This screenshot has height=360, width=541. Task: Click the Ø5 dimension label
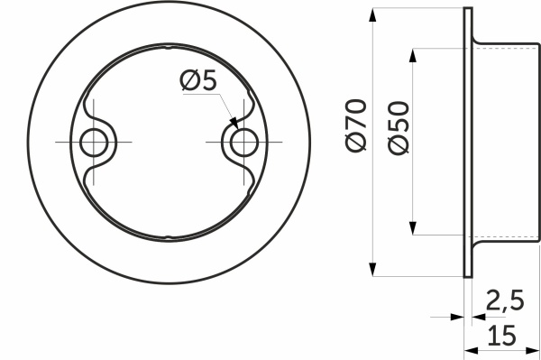click(198, 81)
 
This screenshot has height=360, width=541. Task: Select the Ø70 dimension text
click(356, 126)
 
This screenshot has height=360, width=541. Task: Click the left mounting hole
click(93, 143)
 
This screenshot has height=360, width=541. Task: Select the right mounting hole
click(243, 143)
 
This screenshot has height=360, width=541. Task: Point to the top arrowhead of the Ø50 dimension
click(413, 54)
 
